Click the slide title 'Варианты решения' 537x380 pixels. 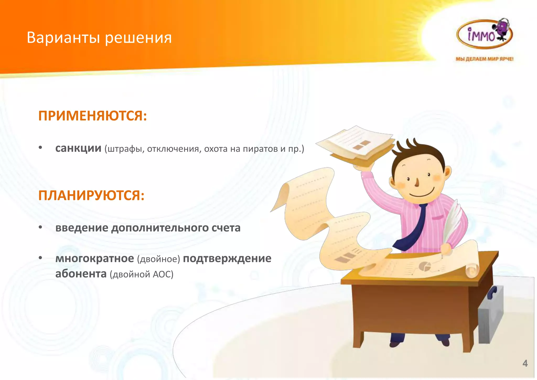[99, 38]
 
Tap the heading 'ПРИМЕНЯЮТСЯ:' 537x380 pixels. [93, 116]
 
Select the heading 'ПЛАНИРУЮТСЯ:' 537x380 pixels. [91, 196]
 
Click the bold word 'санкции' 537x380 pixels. [78, 148]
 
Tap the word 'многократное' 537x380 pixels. [95, 258]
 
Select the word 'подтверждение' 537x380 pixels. [227, 258]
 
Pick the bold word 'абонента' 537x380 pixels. [81, 274]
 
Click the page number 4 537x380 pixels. [525, 363]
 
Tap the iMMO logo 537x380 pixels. [484, 34]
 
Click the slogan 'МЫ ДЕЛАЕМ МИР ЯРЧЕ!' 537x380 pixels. [484, 59]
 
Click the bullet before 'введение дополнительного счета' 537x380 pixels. [40, 227]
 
